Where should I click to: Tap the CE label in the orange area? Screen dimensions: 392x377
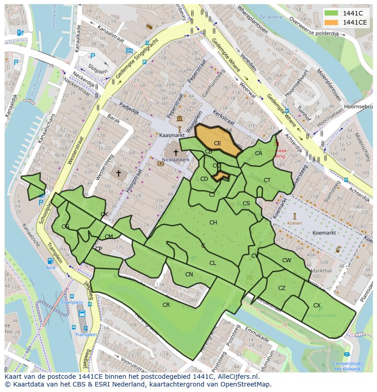pyautogui.click(x=218, y=143)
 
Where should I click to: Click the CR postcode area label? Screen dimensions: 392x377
pyautogui.click(x=166, y=305)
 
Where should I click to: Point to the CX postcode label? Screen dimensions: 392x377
pyautogui.click(x=317, y=305)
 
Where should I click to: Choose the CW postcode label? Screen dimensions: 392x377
pyautogui.click(x=287, y=260)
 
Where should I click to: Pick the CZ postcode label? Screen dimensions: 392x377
pyautogui.click(x=282, y=288)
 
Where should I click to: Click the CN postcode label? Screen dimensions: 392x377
pyautogui.click(x=189, y=274)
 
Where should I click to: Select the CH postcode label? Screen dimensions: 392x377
pyautogui.click(x=213, y=222)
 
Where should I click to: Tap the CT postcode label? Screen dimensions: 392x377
pyautogui.click(x=267, y=180)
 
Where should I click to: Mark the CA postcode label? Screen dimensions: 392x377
pyautogui.click(x=259, y=153)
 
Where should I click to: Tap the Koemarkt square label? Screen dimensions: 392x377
pyautogui.click(x=324, y=233)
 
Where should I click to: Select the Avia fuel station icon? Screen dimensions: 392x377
pyautogui.click(x=50, y=261)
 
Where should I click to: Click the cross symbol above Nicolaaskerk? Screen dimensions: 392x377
pyautogui.click(x=176, y=153)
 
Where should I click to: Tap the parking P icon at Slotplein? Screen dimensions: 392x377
pyautogui.click(x=92, y=56)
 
